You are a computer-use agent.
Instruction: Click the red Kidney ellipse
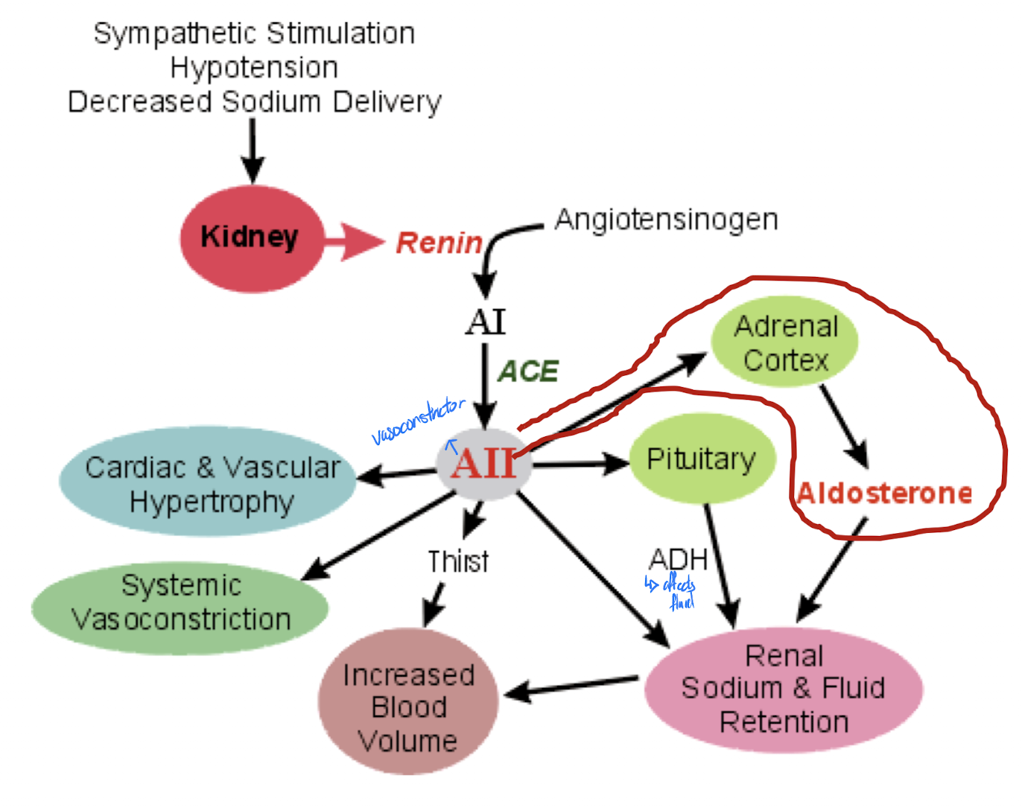[x=252, y=238]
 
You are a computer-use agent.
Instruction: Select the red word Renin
[x=439, y=243]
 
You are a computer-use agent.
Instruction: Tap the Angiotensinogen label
[x=666, y=220]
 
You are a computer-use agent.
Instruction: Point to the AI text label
[x=486, y=322]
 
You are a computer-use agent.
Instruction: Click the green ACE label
[x=528, y=371]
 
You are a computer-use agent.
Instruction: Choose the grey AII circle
[x=484, y=464]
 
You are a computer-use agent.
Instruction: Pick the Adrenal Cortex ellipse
[x=785, y=343]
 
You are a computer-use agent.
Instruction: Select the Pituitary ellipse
[x=702, y=459]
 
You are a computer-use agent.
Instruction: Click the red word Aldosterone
[x=884, y=493]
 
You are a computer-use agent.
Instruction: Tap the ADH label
[x=678, y=559]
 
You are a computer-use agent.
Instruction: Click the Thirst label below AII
[x=458, y=561]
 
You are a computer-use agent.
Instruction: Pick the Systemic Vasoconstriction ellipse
[x=181, y=603]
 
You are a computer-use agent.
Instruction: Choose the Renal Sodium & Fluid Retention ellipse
[x=784, y=689]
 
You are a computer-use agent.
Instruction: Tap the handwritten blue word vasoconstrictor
[x=418, y=421]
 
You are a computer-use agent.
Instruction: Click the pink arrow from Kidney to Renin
[x=355, y=240]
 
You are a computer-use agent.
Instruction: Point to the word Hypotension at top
[x=254, y=68]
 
